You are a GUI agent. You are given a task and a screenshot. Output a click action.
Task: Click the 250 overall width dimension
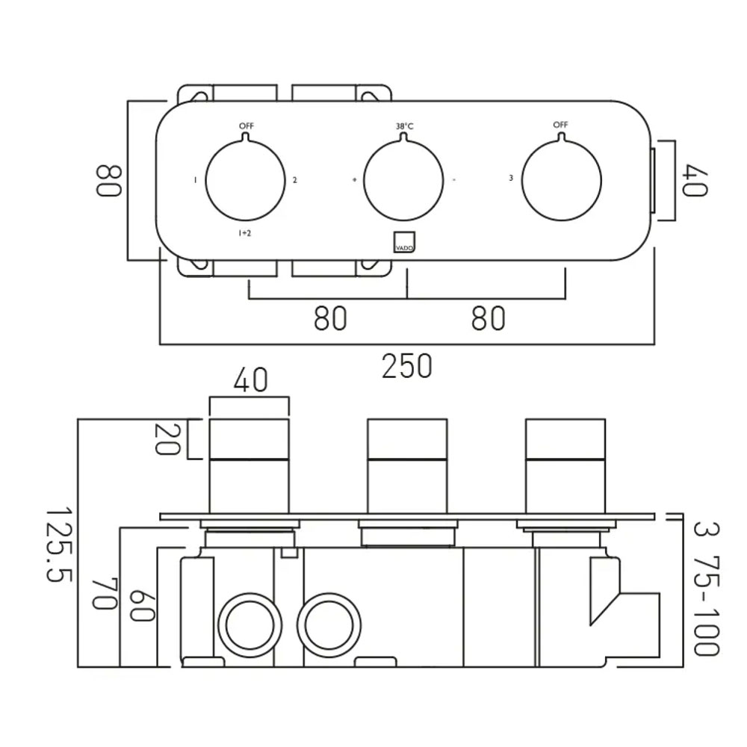click(x=407, y=366)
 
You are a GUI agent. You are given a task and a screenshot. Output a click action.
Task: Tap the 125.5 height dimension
click(x=58, y=544)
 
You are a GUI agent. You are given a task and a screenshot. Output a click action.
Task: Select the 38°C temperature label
click(x=404, y=126)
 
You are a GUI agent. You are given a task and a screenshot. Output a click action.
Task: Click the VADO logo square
click(x=404, y=242)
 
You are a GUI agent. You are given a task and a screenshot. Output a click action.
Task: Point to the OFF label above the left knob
click(x=247, y=125)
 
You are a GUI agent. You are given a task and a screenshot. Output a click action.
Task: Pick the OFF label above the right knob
click(x=561, y=124)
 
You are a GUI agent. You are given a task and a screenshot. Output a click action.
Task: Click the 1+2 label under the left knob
click(x=244, y=233)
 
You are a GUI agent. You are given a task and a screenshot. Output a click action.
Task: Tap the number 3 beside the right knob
click(x=511, y=179)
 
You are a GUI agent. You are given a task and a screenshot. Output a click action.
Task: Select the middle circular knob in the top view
click(x=403, y=181)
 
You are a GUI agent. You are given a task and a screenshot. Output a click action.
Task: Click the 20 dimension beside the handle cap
click(x=167, y=439)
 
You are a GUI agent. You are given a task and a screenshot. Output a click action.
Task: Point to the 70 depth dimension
click(x=105, y=594)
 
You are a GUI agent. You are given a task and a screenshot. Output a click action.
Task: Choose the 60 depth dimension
click(x=142, y=606)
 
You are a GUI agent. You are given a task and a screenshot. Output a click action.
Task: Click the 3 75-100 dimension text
click(x=706, y=589)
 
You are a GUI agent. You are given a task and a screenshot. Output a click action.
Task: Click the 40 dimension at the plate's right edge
click(x=695, y=180)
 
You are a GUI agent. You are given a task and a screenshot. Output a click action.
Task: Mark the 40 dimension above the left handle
click(x=251, y=379)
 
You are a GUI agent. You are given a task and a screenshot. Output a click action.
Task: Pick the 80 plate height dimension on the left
click(x=108, y=181)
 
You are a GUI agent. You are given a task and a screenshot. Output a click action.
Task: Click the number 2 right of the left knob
click(x=295, y=180)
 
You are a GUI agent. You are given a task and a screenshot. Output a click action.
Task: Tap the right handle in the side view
click(x=565, y=466)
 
